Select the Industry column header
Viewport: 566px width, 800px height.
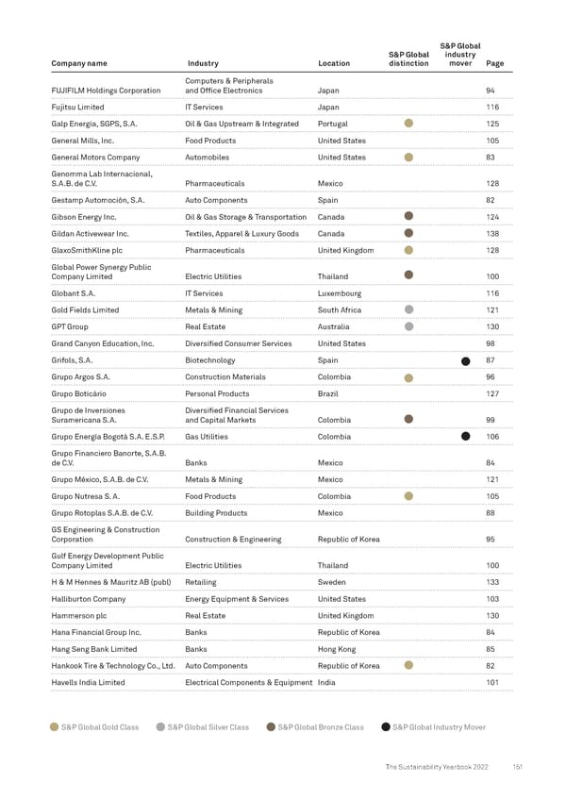click(x=203, y=64)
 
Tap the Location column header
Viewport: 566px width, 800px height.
click(x=334, y=64)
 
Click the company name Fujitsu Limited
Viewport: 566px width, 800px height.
click(x=78, y=108)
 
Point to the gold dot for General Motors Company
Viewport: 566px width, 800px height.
click(x=408, y=158)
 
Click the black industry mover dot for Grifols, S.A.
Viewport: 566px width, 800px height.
click(x=464, y=362)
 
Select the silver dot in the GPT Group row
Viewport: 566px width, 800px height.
click(x=408, y=327)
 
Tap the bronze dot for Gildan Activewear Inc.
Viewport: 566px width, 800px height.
click(x=408, y=233)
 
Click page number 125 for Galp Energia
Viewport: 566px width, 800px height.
click(x=491, y=124)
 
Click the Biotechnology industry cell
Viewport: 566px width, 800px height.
click(x=211, y=360)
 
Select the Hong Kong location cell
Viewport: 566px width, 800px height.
click(x=336, y=649)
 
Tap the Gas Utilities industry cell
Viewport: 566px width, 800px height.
click(x=207, y=437)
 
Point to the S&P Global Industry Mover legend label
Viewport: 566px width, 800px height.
click(x=438, y=726)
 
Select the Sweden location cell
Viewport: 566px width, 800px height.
click(x=332, y=582)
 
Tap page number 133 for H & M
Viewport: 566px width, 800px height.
click(x=491, y=582)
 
